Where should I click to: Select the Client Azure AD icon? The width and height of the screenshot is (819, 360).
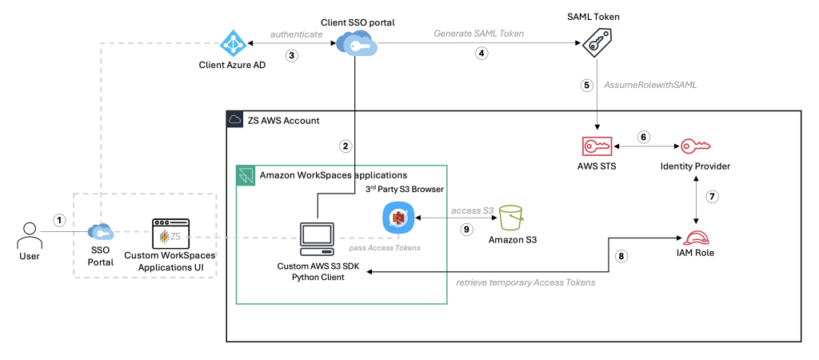point(232,44)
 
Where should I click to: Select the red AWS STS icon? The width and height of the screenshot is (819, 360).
point(597,147)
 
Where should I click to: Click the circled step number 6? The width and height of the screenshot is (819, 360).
point(643,137)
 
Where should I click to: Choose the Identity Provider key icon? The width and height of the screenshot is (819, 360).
point(694,147)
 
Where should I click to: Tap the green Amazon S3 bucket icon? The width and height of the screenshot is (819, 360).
point(510,215)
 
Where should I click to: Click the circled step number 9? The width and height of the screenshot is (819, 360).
point(468,229)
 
